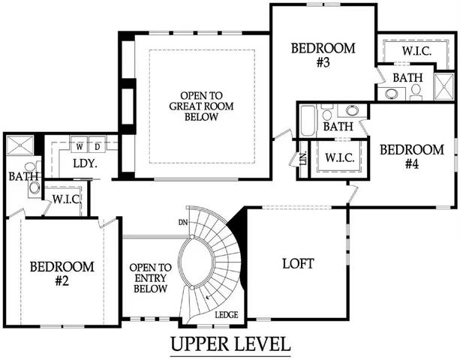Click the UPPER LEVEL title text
(230, 344)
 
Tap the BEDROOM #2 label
(62, 273)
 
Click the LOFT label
(297, 264)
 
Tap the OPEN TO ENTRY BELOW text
(150, 278)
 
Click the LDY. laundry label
(83, 163)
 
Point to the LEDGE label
(227, 315)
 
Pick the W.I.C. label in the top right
(415, 51)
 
